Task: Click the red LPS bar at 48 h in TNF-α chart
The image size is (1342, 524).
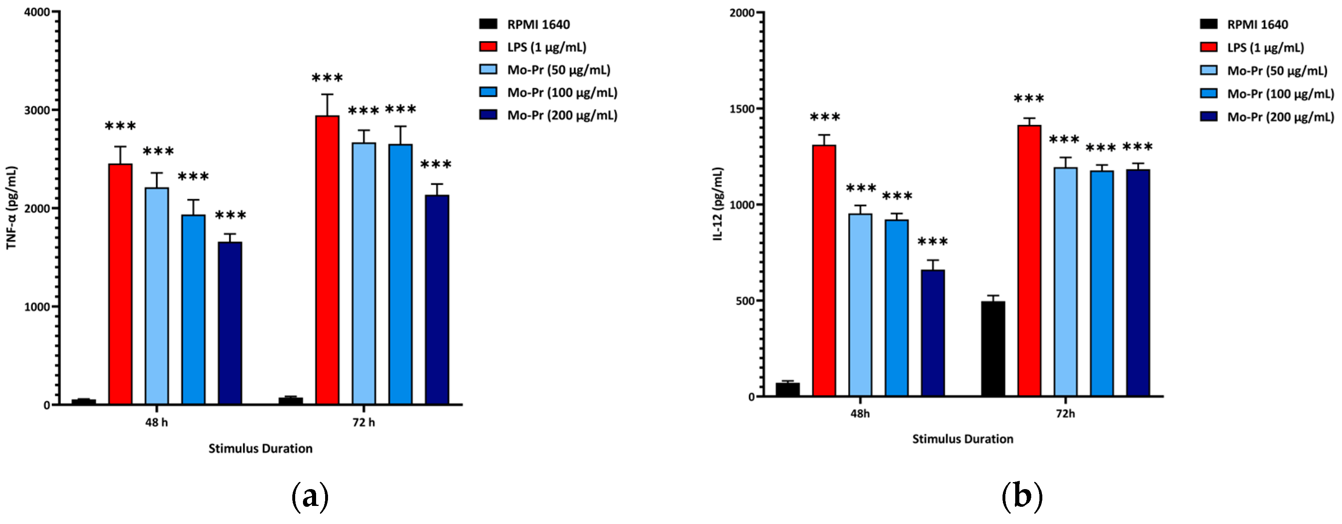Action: pyautogui.click(x=120, y=284)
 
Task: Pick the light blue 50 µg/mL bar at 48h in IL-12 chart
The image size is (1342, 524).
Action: pyautogui.click(x=860, y=305)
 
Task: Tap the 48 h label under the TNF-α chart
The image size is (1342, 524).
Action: pyautogui.click(x=156, y=422)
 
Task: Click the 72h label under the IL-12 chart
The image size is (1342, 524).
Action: pyautogui.click(x=1065, y=414)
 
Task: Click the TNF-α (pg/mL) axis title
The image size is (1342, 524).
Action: pyautogui.click(x=11, y=207)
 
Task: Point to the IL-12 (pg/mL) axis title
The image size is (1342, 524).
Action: pyautogui.click(x=718, y=203)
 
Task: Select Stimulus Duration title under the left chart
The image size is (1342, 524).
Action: pyautogui.click(x=261, y=448)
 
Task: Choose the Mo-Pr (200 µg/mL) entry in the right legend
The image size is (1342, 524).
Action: pyautogui.click(x=1280, y=117)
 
